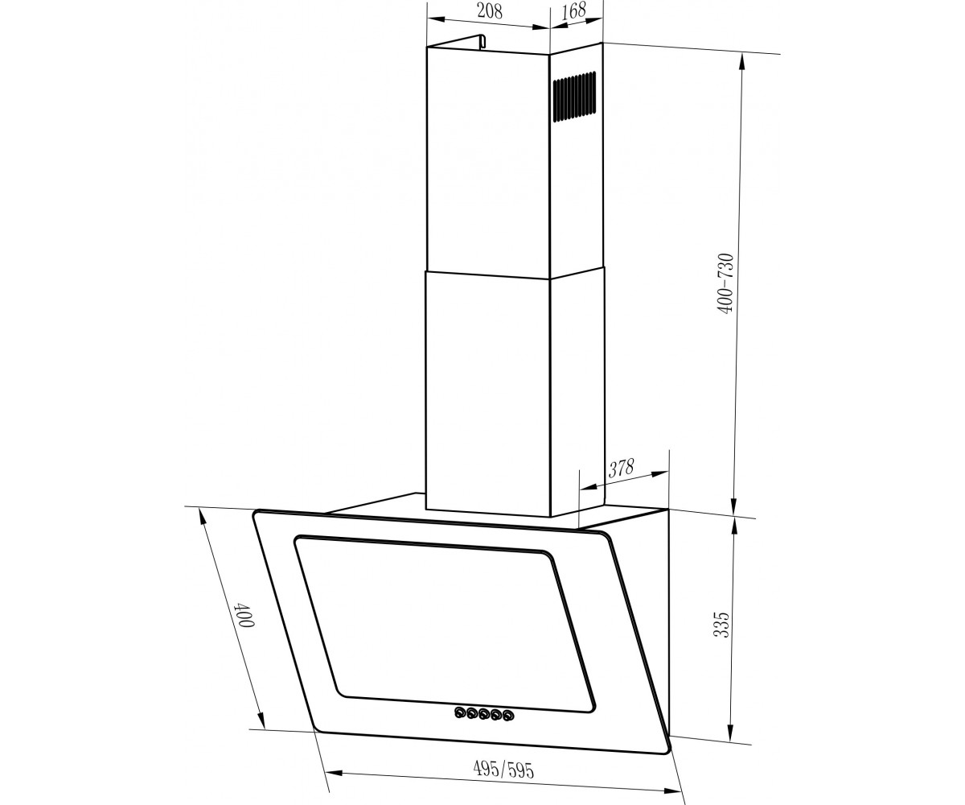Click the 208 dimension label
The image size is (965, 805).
(x=490, y=11)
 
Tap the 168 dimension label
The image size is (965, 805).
(x=573, y=10)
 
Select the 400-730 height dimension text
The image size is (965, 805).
(x=726, y=283)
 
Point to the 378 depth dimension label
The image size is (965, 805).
(x=621, y=469)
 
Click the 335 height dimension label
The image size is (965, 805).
(x=721, y=625)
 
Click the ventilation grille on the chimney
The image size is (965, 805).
(x=574, y=97)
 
